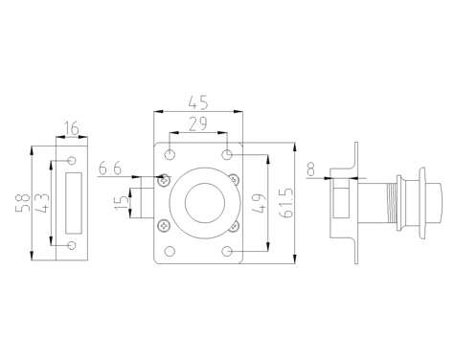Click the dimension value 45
tap(198, 102)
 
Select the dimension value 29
tap(198, 124)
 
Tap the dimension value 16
tap(72, 128)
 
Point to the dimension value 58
tap(23, 203)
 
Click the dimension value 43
tap(42, 203)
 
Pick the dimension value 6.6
tap(110, 169)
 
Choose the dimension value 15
tap(122, 203)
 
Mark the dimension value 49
tap(258, 203)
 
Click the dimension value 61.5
tap(286, 203)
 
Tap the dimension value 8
tap(310, 169)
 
